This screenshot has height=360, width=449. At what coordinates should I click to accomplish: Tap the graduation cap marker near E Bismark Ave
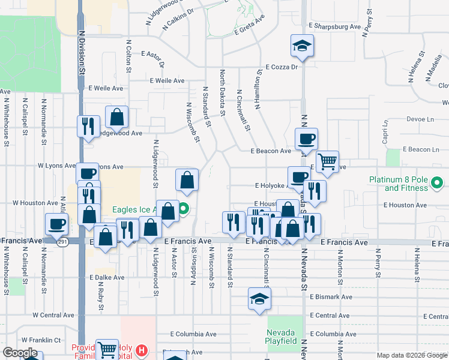click(x=259, y=299)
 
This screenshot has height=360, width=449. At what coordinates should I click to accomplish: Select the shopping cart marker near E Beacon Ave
click(x=327, y=161)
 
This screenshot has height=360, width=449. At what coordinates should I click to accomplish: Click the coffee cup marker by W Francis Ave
click(x=57, y=225)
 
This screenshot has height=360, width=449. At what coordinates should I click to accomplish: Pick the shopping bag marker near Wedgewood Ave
click(x=117, y=116)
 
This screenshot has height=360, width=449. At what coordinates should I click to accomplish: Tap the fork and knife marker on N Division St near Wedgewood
click(x=88, y=126)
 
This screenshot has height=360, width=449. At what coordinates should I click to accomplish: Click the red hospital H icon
click(x=142, y=350)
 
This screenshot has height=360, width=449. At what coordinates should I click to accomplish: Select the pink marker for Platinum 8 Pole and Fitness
click(x=439, y=182)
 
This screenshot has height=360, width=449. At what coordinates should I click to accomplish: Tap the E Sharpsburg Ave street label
click(x=334, y=26)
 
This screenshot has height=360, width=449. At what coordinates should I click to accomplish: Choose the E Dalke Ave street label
click(x=106, y=278)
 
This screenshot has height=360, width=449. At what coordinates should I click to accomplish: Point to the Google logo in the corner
click(x=20, y=353)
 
